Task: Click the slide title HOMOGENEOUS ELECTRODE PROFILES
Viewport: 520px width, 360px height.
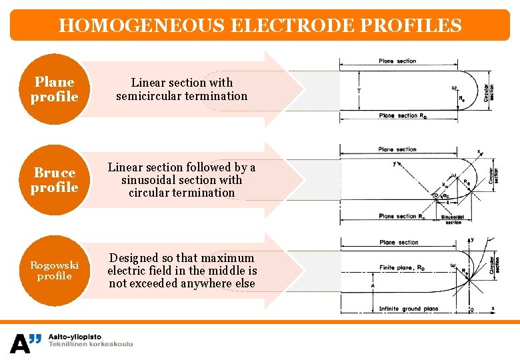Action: tap(260, 26)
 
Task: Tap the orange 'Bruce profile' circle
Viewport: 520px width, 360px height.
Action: tap(54, 180)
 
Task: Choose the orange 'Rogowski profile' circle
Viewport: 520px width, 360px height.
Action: tap(54, 271)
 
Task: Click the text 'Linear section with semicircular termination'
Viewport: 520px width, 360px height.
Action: tap(181, 89)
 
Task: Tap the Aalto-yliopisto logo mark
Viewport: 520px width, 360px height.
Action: tap(25, 343)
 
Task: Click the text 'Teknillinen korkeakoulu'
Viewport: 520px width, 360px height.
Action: tap(91, 345)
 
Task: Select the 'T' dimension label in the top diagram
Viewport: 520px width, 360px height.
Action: tap(359, 91)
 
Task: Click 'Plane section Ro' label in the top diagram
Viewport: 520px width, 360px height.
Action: tap(402, 116)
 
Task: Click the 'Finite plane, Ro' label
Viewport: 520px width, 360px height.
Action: tap(402, 267)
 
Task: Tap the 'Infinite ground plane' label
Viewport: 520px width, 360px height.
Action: tap(408, 309)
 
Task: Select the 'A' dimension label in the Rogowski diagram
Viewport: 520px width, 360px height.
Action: tap(373, 285)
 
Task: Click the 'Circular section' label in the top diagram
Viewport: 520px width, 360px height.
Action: tap(490, 91)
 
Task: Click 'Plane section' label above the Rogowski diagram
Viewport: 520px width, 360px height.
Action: tap(399, 242)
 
